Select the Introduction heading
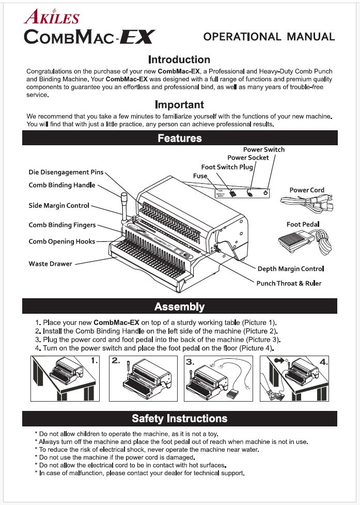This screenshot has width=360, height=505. (179, 59)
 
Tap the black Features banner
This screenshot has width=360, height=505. (179, 138)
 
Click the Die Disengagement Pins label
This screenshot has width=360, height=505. (66, 172)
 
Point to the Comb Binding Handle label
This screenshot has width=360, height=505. (62, 185)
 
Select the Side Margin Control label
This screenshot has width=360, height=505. (59, 206)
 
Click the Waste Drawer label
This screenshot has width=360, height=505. (50, 264)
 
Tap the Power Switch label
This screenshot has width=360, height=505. (263, 150)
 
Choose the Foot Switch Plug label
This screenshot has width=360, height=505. (227, 167)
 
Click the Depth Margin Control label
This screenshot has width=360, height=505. (290, 269)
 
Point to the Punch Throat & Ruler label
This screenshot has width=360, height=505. (289, 283)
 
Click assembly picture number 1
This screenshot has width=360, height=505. (64, 378)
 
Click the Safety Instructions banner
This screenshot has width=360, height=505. (179, 418)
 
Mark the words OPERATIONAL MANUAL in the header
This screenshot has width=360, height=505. (269, 37)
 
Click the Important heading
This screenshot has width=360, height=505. (179, 105)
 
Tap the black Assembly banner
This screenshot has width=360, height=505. (179, 307)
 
